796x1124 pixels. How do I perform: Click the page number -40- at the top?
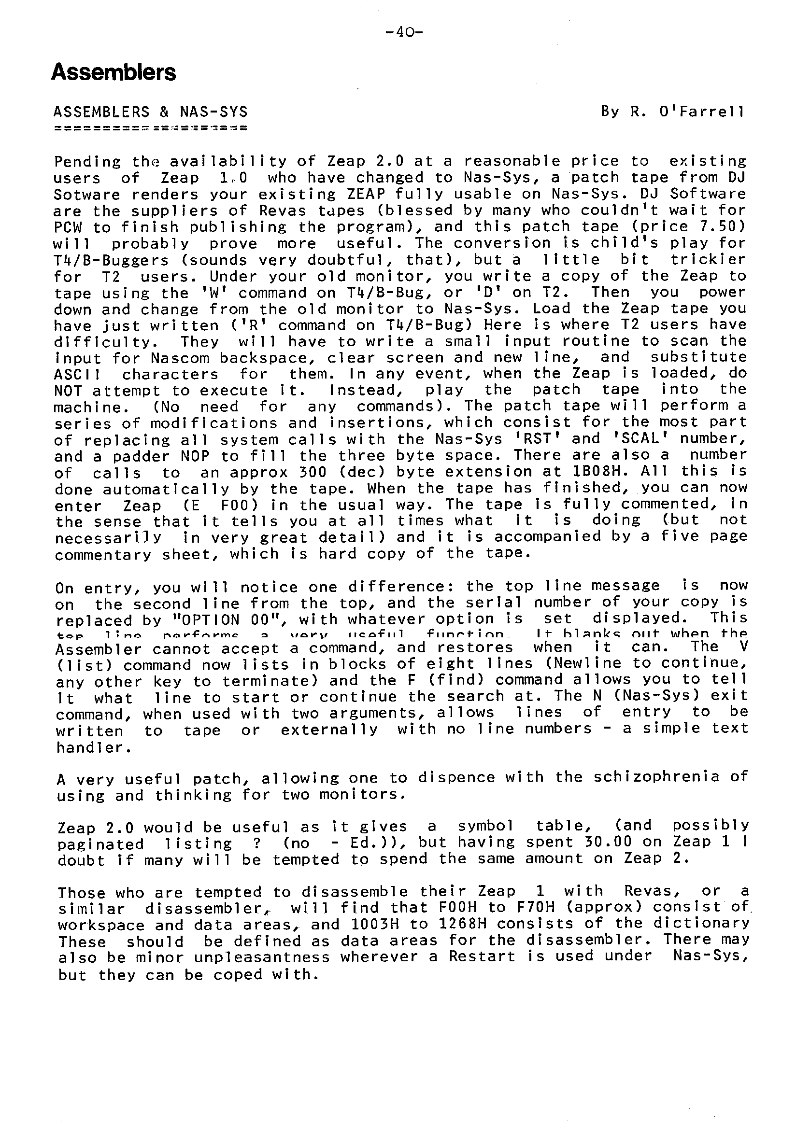[x=404, y=33]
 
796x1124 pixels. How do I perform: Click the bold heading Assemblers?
[x=113, y=72]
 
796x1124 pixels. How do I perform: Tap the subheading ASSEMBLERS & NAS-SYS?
[x=151, y=112]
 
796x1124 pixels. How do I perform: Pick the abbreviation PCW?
[x=68, y=227]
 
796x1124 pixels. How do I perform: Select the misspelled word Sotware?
[x=87, y=195]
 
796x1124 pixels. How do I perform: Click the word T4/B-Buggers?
[x=111, y=260]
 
